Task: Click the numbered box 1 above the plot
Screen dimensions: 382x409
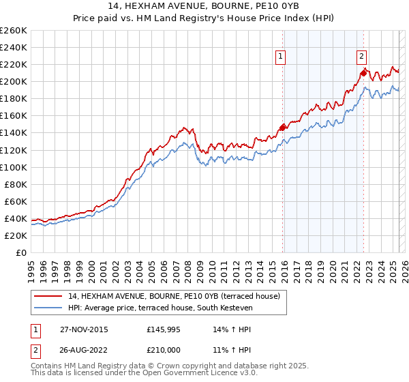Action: (282, 57)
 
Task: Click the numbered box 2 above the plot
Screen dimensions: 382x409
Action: (361, 57)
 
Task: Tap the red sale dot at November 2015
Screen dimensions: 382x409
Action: (282, 127)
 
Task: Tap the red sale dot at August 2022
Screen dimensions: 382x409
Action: (363, 72)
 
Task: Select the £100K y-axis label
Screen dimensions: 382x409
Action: (14, 167)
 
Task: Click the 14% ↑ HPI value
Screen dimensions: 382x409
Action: (232, 329)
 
